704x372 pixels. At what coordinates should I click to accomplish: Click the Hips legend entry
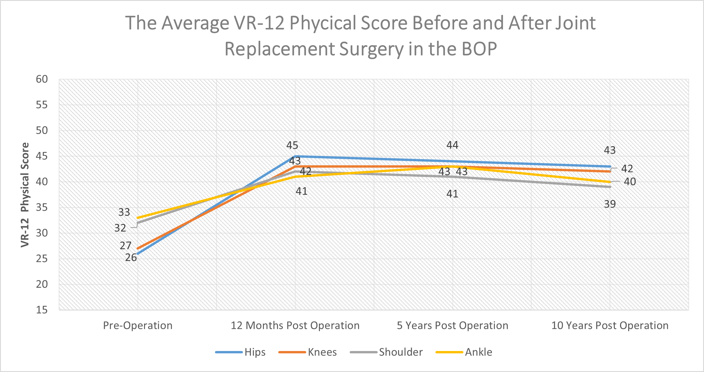(255, 352)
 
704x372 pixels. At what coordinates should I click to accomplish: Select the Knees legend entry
(322, 352)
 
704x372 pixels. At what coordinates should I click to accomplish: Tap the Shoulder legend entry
(400, 352)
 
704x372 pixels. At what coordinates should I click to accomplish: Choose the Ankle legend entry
(478, 352)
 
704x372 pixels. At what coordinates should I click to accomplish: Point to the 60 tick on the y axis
(42, 79)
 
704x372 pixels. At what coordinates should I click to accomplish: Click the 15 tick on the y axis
(42, 310)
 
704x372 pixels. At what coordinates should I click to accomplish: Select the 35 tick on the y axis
(42, 207)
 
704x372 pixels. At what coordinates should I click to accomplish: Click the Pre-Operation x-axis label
(138, 325)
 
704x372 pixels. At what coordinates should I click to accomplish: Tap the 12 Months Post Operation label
(295, 325)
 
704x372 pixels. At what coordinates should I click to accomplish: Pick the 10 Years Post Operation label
(610, 325)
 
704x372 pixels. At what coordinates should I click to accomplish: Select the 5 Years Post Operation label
(452, 325)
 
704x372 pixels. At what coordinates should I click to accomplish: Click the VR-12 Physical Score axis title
(25, 195)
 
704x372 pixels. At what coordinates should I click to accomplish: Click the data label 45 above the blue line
(292, 145)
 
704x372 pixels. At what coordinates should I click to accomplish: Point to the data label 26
(131, 258)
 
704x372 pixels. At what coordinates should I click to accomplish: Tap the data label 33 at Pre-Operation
(124, 212)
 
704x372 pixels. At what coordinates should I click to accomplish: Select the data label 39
(610, 204)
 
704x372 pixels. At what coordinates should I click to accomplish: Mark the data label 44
(452, 145)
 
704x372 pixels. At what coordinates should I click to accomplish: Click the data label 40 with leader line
(630, 182)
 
